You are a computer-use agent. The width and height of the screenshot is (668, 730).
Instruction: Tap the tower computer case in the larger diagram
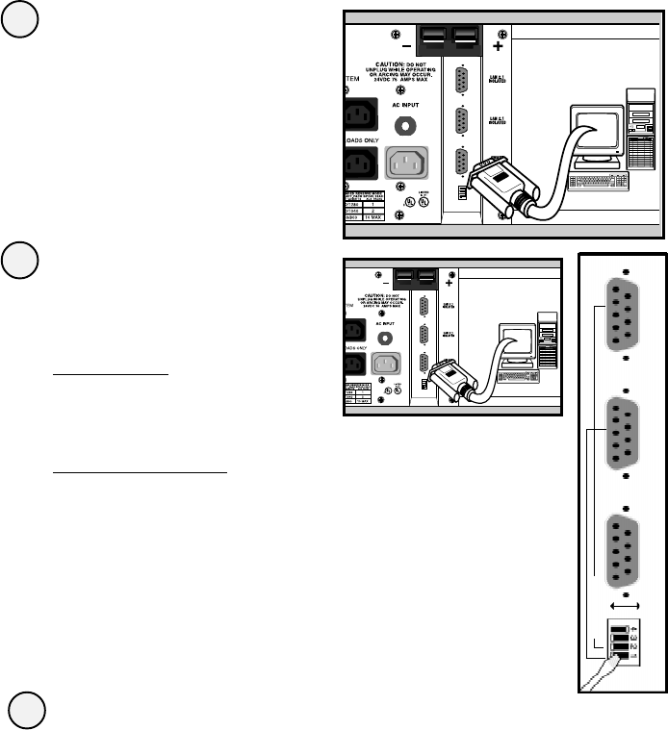(639, 139)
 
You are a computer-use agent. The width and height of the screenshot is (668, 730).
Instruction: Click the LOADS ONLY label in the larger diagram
(357, 138)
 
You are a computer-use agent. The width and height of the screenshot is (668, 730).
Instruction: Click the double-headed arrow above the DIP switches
(627, 607)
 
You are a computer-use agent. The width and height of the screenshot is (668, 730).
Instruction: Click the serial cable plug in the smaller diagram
(448, 376)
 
